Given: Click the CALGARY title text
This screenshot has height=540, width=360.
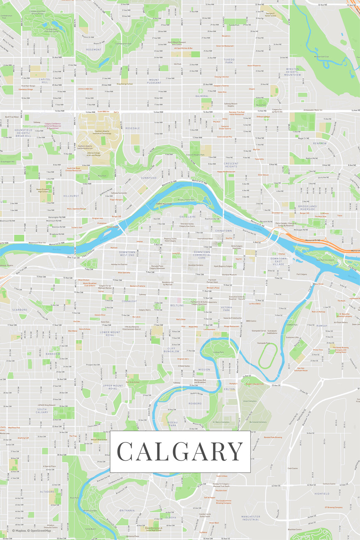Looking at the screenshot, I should point(180,452).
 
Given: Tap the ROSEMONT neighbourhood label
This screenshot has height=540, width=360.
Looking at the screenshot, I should point(93,49).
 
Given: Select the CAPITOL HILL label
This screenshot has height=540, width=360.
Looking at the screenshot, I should point(44,80).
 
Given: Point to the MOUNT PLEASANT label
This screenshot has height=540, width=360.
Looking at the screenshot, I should point(154,81).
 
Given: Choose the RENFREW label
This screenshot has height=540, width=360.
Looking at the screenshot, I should point(320,143).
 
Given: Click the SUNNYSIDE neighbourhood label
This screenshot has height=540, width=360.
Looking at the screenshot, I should point(149,177).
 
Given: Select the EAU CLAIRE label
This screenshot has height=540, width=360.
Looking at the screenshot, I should point(188,216).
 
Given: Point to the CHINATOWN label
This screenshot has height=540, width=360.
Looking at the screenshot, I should point(223,230).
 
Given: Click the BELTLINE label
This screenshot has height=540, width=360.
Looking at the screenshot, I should point(177,305).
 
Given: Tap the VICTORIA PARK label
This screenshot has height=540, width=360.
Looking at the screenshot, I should point(226,309).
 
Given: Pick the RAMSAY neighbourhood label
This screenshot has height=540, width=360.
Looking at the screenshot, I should point(322,326).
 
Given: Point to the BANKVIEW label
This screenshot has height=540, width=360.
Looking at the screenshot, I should point(53,354).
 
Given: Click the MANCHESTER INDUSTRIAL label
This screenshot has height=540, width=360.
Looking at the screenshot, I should point(250,518).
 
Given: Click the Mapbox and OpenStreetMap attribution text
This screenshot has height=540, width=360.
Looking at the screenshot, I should point(31,530).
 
